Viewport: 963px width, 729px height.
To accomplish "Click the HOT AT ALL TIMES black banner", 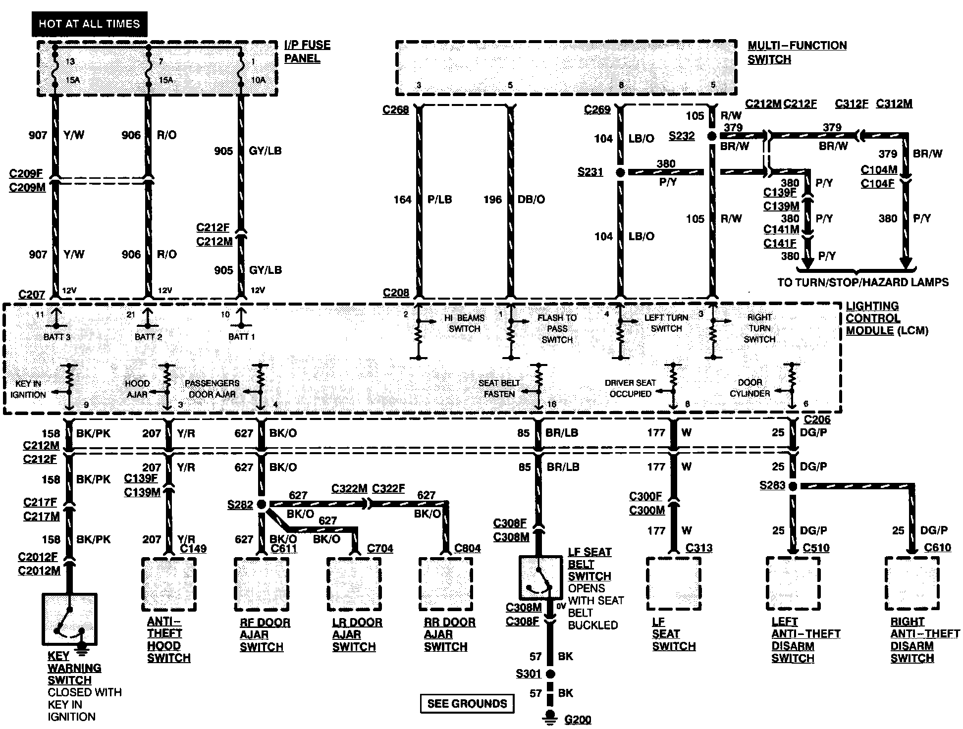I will (90, 24).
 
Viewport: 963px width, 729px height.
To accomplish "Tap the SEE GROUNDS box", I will (467, 703).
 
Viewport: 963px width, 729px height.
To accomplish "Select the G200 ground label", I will (578, 719).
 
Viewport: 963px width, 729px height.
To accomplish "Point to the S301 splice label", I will (529, 674).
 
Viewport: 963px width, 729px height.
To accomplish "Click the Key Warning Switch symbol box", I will (70, 619).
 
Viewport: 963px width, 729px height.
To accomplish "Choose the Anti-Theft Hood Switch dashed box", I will (168, 584).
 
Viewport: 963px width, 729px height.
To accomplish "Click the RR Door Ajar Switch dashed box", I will (445, 584).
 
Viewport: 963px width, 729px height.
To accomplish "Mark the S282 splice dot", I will (262, 504).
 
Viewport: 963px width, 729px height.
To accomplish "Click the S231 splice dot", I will (620, 172).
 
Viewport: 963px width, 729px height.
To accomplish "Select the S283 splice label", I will (772, 486).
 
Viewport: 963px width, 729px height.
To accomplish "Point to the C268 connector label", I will (395, 110).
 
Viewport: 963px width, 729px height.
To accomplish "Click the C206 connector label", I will (817, 419).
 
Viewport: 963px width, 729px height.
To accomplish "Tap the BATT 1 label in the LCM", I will (241, 337).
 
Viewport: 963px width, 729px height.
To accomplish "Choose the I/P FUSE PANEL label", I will (307, 52).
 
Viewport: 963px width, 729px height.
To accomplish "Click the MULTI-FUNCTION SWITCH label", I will (797, 52).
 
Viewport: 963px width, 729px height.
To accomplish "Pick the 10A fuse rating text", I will (259, 80).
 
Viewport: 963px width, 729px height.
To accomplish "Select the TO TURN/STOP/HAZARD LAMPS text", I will (863, 282).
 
